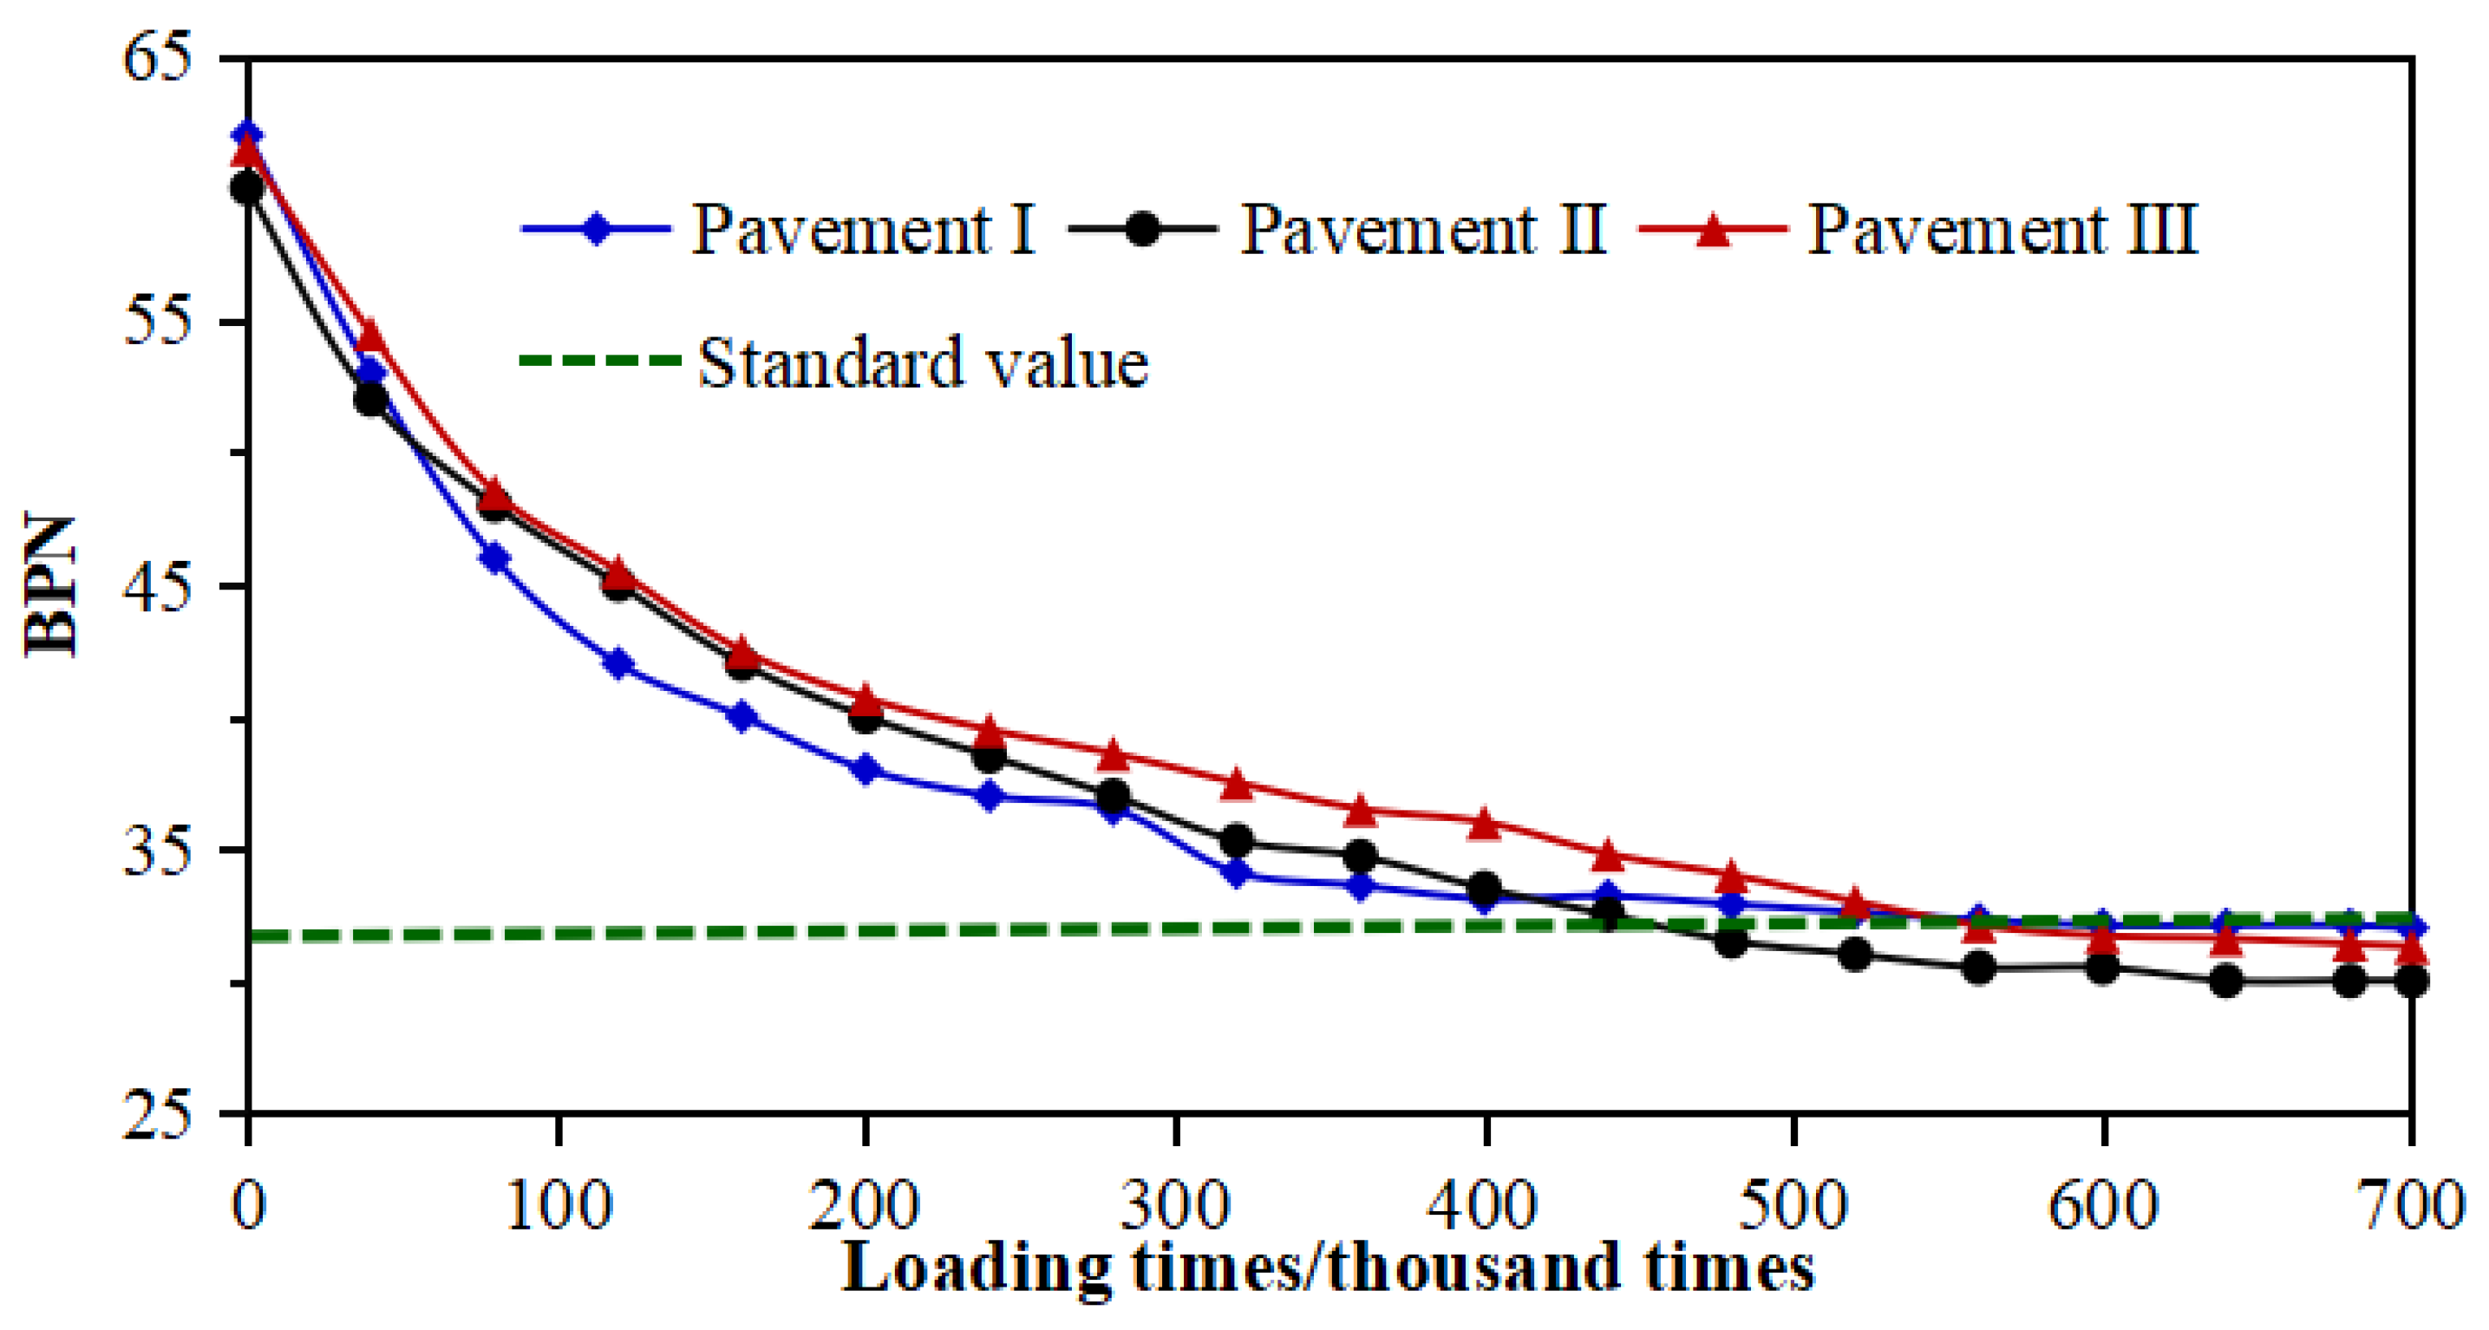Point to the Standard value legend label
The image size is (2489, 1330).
[923, 363]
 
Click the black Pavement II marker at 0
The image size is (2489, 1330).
[248, 187]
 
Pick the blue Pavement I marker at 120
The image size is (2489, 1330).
[618, 664]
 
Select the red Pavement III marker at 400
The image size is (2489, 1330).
[1485, 823]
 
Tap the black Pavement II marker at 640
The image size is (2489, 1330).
[2226, 982]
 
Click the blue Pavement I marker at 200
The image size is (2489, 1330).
[866, 770]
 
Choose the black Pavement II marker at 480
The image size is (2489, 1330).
[1732, 942]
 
